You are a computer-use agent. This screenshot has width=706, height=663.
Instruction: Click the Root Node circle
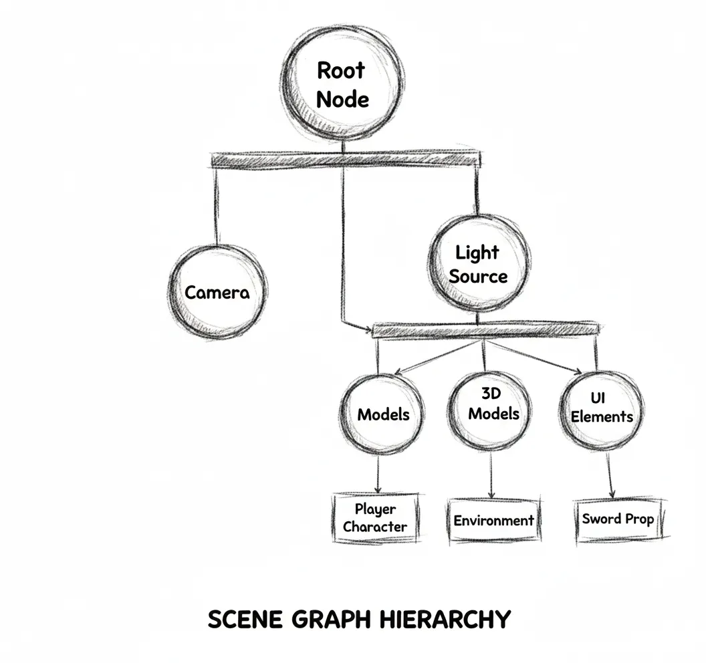coord(342,84)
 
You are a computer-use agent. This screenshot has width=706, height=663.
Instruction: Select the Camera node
coord(217,292)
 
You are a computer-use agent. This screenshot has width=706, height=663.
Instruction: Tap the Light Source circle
coord(477,265)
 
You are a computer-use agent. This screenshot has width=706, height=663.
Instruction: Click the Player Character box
coord(375,518)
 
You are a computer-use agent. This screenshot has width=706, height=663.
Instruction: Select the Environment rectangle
coord(493,520)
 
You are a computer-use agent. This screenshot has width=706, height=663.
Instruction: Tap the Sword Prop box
coord(618,519)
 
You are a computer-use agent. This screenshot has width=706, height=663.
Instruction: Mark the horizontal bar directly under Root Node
coord(346,160)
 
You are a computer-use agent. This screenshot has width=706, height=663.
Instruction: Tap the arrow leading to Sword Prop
coord(610,476)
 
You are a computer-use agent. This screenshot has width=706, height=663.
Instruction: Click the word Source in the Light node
coord(478,276)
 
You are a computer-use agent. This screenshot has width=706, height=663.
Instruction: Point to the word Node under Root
coord(342,99)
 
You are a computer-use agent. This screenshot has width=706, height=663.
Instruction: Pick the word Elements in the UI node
coord(602,416)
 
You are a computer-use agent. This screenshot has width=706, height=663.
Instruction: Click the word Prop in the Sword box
coord(639,519)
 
